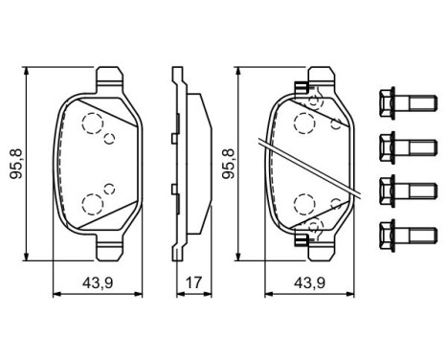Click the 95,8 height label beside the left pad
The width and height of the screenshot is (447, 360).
12,163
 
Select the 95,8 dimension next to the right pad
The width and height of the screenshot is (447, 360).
225,163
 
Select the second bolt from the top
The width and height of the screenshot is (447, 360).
396,144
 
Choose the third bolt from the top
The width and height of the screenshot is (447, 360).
396,188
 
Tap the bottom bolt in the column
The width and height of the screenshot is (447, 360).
396,232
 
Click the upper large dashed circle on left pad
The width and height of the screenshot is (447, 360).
94,124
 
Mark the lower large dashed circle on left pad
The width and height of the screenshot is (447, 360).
94,202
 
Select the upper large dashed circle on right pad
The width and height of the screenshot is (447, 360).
306,123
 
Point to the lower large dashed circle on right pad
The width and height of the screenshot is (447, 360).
306,203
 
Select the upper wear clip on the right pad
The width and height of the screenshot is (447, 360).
302,91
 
